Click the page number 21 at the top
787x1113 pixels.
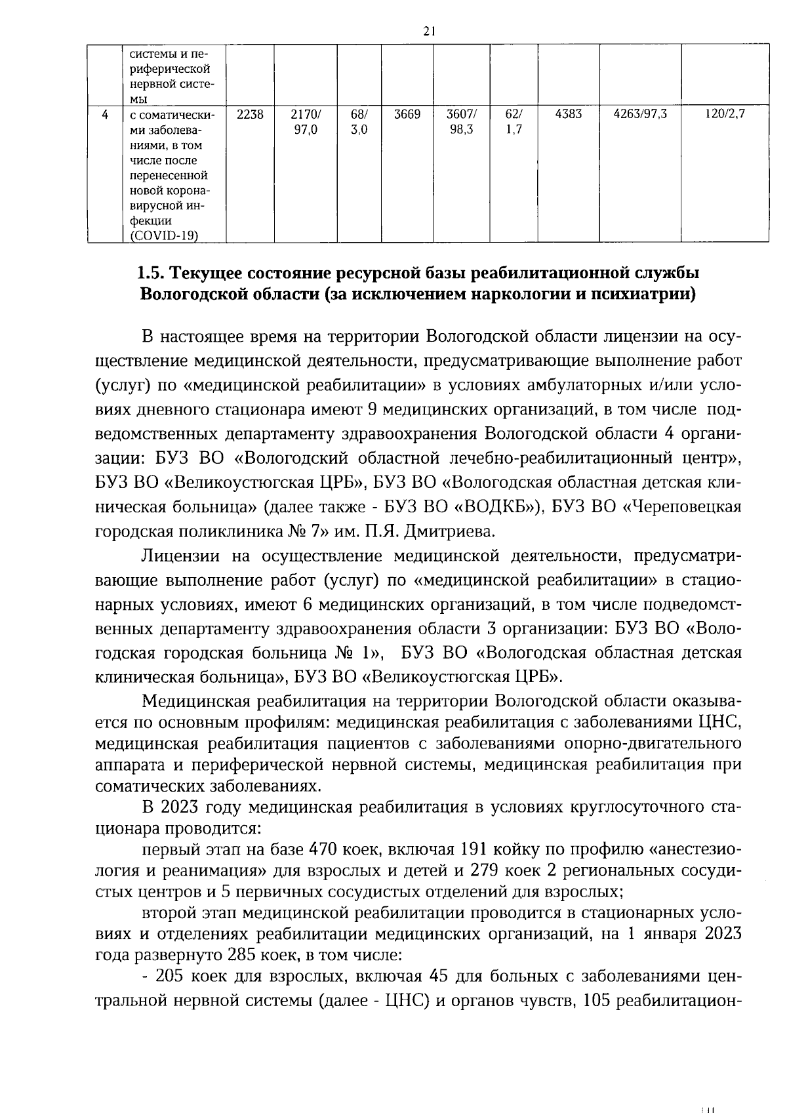[x=430, y=31]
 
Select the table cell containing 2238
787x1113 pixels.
[x=250, y=115]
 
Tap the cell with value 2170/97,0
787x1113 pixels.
[x=305, y=122]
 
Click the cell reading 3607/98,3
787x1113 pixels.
[x=462, y=122]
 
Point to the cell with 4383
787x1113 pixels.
[x=568, y=115]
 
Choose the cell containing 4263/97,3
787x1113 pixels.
[x=639, y=115]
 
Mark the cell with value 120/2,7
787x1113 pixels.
[x=725, y=115]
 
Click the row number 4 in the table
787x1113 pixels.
[x=105, y=115]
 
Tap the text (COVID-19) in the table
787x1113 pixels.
[x=164, y=236]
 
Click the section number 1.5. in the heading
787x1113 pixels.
[x=152, y=272]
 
